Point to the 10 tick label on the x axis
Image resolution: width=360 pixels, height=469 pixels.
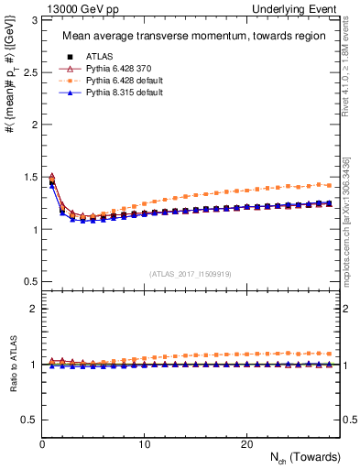[x=145, y=444]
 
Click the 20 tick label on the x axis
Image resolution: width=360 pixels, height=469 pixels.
[x=246, y=444]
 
